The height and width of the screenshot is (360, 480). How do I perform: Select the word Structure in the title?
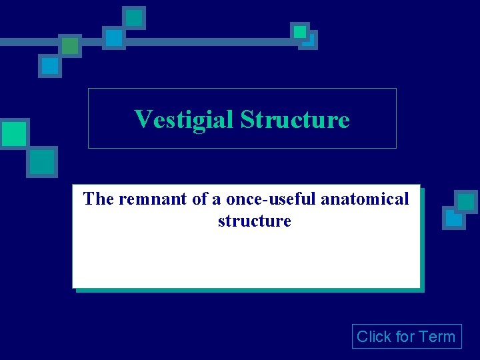[295, 120]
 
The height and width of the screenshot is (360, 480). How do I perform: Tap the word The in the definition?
[99, 199]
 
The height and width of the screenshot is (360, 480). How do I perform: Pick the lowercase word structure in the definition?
[254, 221]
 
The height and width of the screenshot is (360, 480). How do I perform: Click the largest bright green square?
[13, 134]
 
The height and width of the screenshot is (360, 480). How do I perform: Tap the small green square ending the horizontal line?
[300, 31]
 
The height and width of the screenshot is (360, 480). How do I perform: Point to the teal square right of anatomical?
[466, 201]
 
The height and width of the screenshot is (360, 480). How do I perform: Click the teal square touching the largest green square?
[42, 161]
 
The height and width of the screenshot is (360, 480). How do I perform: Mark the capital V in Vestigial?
[142, 120]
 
